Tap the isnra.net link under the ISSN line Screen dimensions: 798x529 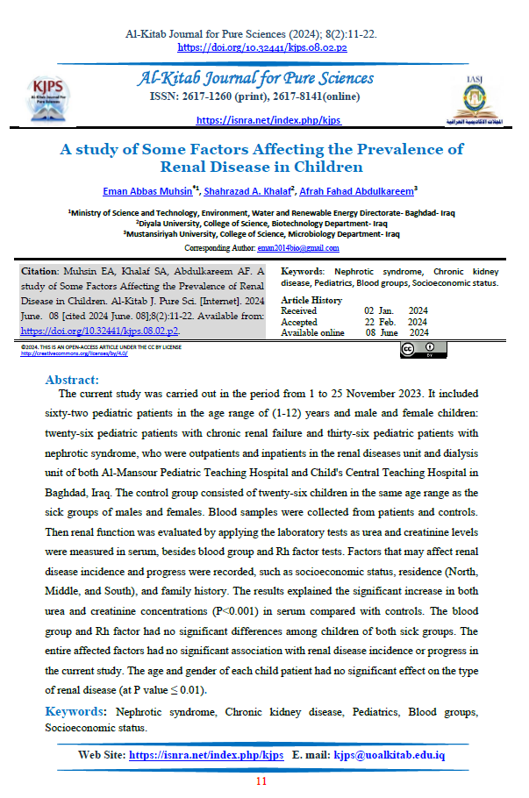coord(268,120)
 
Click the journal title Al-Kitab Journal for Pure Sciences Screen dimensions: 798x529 coord(256,79)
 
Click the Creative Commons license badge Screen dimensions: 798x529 coord(424,350)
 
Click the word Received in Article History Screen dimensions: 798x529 coord(299,311)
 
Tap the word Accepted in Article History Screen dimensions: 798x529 coord(299,322)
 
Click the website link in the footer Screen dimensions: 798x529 coord(206,755)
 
